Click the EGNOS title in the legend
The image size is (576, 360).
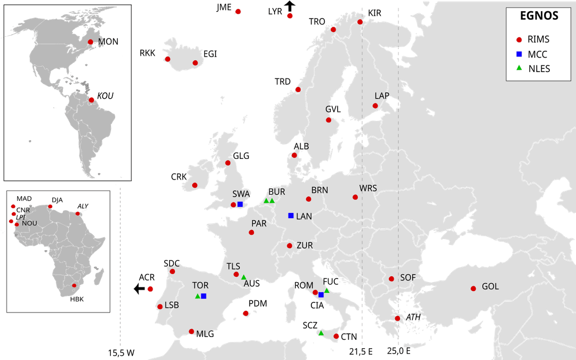click(539, 16)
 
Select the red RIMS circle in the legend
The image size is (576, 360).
click(519, 39)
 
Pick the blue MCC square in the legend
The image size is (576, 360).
click(519, 54)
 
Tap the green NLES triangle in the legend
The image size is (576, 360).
click(519, 68)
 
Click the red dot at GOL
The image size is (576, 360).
click(473, 289)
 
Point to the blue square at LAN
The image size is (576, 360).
click(291, 215)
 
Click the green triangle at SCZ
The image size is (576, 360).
click(321, 333)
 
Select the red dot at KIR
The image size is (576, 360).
click(360, 22)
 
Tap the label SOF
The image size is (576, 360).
click(408, 277)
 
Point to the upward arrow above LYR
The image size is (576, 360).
click(290, 6)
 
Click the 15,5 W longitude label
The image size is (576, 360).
click(122, 353)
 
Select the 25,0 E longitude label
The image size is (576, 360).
click(399, 351)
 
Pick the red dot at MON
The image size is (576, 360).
click(90, 42)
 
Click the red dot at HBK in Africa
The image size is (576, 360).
click(74, 286)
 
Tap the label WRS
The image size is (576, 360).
click(368, 188)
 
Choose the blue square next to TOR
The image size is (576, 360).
click(204, 296)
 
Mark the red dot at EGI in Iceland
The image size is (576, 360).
click(195, 63)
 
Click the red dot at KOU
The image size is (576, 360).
click(91, 99)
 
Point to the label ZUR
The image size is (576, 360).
click(305, 245)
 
